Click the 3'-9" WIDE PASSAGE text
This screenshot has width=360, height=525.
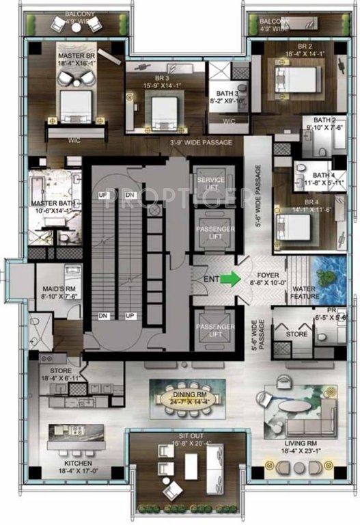(x=200, y=142)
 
